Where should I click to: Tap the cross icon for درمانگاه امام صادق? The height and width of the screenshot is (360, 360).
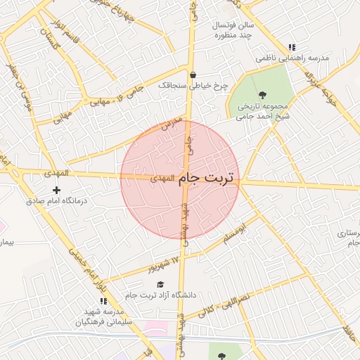[x=57, y=190]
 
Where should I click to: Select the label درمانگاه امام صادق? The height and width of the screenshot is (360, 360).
[x=56, y=201]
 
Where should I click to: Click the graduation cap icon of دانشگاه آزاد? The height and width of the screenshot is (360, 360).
[x=160, y=284]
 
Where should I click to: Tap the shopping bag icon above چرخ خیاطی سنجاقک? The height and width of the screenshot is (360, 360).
[x=193, y=75]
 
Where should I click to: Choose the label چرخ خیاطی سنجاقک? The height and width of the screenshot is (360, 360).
[x=193, y=85]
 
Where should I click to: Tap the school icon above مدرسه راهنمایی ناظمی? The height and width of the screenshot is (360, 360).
[x=292, y=47]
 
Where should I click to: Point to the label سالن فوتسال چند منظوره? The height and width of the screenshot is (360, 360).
[x=235, y=30]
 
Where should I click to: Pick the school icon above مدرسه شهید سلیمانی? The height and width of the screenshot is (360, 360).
[x=103, y=301]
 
